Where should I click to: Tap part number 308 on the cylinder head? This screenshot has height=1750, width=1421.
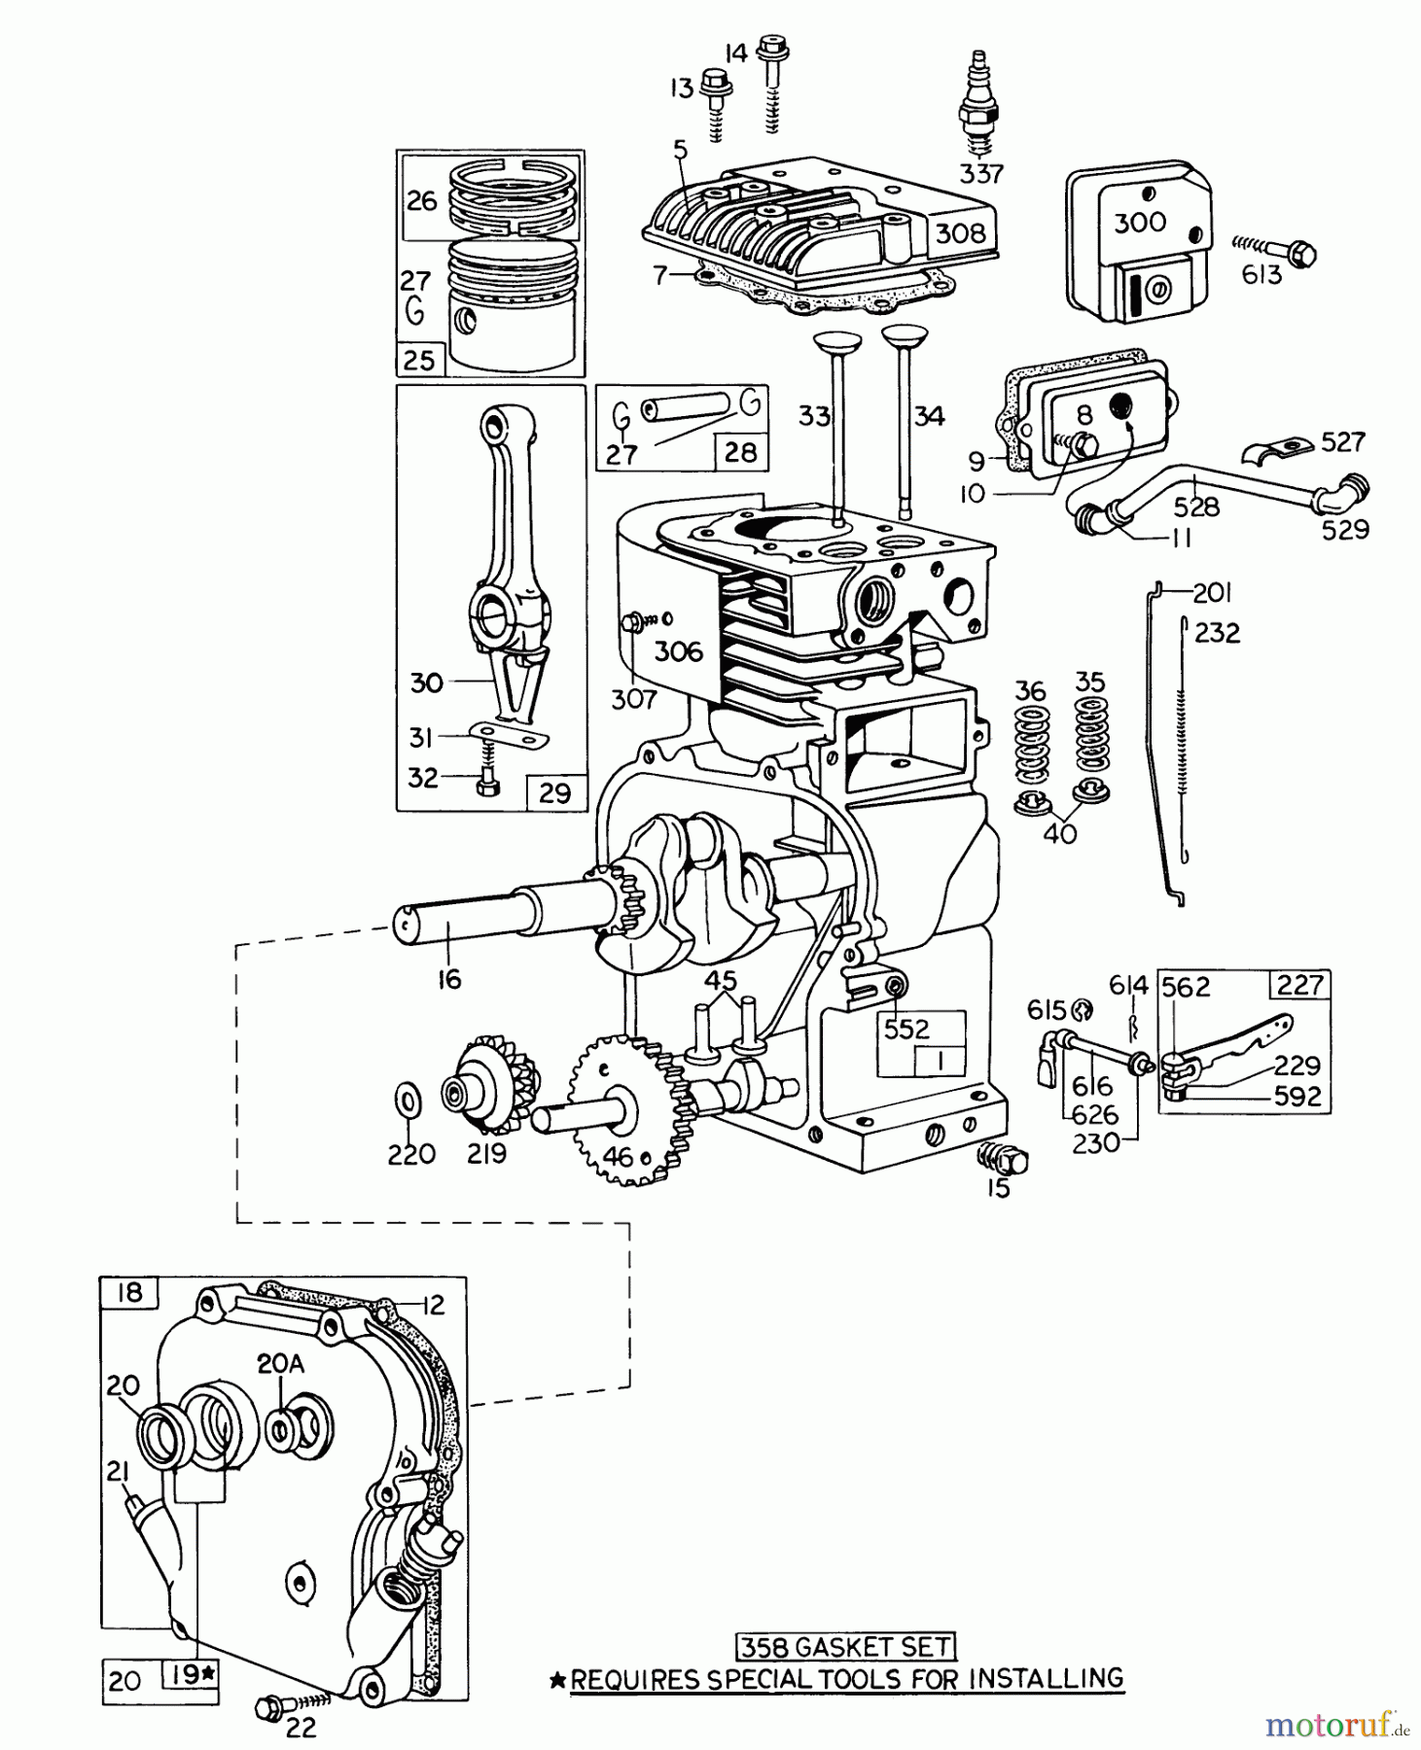(x=959, y=233)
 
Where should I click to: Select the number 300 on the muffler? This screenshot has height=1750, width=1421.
(x=1139, y=223)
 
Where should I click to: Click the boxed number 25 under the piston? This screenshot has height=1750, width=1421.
(x=419, y=361)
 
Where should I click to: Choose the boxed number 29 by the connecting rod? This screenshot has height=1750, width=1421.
(x=554, y=792)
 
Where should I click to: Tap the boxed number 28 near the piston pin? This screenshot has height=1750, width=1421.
(x=741, y=452)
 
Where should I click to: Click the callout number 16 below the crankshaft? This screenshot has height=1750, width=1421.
(x=447, y=979)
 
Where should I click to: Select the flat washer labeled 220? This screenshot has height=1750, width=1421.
(x=408, y=1101)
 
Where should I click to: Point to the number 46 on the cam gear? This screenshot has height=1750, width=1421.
(x=618, y=1156)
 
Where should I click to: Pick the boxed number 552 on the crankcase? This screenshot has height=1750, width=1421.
(x=906, y=1029)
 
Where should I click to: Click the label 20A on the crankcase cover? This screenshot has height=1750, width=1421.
(x=280, y=1364)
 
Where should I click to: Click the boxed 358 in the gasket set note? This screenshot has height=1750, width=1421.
(x=756, y=1647)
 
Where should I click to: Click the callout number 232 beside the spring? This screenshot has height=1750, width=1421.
(x=1217, y=633)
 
